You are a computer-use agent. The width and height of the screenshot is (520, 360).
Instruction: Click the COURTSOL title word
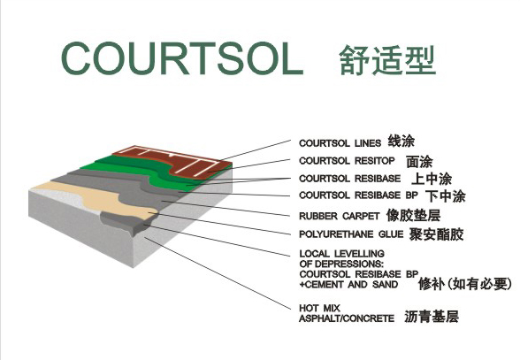(x=182, y=58)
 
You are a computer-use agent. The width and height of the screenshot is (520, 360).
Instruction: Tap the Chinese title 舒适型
(x=387, y=60)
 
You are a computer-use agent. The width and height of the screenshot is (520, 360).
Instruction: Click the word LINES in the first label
(x=368, y=143)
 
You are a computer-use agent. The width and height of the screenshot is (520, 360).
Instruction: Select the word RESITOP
(x=375, y=161)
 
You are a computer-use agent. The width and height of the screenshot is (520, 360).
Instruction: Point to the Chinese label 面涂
(x=419, y=162)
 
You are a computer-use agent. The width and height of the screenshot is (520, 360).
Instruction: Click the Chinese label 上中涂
(x=432, y=179)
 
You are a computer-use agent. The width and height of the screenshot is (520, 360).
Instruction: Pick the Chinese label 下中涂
(x=446, y=196)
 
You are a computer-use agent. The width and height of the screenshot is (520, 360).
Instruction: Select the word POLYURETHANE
(x=336, y=234)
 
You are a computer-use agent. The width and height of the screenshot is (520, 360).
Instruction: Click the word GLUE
(x=391, y=234)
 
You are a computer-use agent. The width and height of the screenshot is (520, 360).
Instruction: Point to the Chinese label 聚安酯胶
(x=436, y=234)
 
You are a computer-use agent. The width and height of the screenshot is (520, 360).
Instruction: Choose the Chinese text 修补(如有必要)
(x=465, y=284)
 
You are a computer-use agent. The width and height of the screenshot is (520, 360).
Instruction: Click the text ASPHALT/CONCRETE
(x=347, y=318)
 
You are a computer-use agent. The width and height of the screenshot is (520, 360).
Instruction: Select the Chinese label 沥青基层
(x=432, y=317)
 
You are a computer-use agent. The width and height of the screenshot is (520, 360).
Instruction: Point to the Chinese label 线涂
(x=401, y=142)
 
